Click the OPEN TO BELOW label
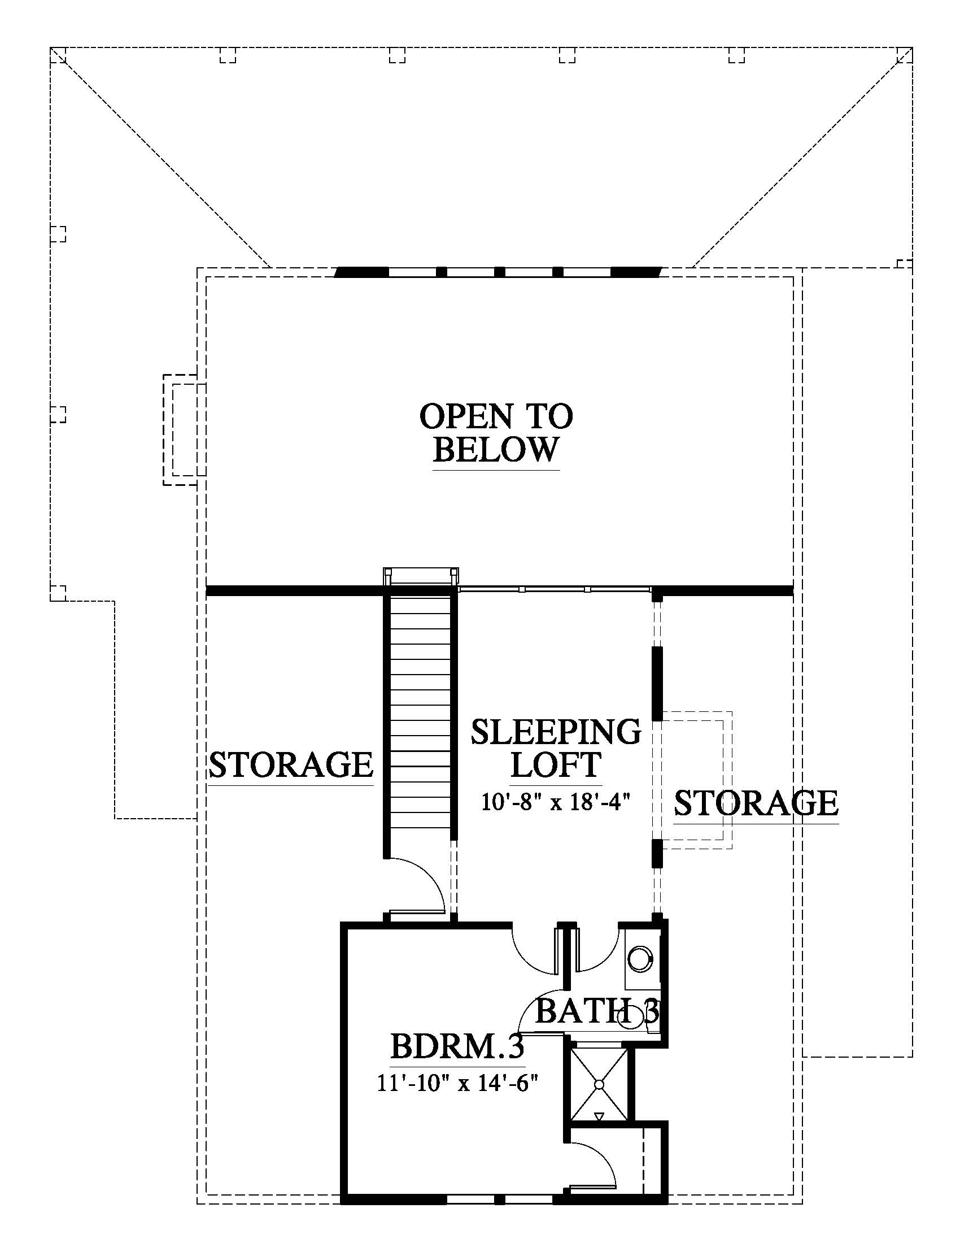point(496,433)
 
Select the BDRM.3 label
point(457,1045)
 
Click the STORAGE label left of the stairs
point(291,764)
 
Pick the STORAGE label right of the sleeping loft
point(756,802)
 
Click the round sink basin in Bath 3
point(641,958)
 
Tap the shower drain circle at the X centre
point(599,1085)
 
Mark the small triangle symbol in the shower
point(599,1116)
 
